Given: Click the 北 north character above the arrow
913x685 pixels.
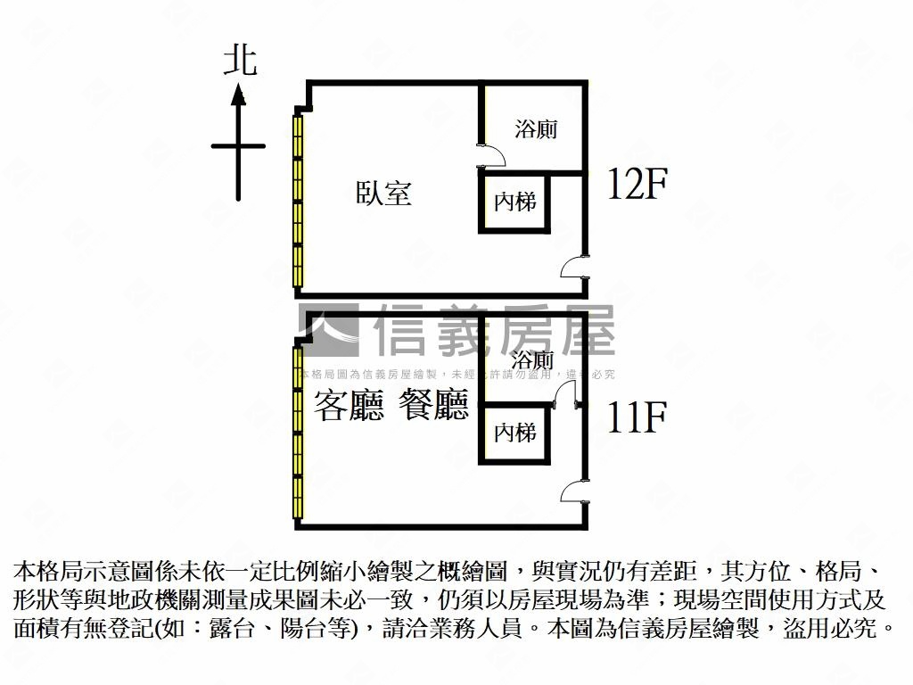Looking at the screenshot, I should point(239,62).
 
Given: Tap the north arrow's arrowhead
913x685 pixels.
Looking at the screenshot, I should point(238,95).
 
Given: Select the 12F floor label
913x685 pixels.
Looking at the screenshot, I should point(637,185).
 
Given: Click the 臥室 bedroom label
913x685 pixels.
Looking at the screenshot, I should point(383,193).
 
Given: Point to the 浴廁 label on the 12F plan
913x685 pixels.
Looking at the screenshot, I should point(536,128).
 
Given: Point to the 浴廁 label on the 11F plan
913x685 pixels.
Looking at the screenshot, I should point(533,360).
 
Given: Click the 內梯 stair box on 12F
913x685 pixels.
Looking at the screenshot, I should point(514,202).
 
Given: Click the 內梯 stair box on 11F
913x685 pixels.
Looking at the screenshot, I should point(514,433).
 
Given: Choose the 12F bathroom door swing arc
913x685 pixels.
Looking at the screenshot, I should point(493,157).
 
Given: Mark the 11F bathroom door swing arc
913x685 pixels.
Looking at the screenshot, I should point(564,390).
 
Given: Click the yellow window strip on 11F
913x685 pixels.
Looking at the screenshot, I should point(299,433).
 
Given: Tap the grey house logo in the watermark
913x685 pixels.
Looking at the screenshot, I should point(329,330).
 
